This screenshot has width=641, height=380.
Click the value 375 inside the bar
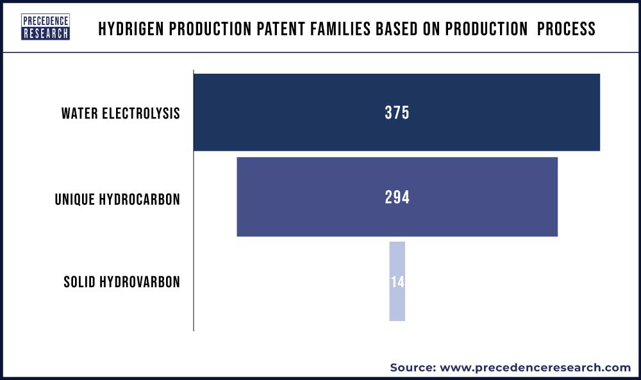[397, 113]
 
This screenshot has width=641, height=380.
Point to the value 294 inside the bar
[397, 197]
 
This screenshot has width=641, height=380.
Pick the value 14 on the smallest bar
[397, 282]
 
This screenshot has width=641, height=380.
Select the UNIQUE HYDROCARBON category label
[117, 199]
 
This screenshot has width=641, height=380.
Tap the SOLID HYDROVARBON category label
[122, 282]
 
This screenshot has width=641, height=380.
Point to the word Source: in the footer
[413, 367]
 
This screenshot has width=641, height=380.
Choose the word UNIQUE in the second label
[74, 199]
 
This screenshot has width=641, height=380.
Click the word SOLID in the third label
[79, 282]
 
